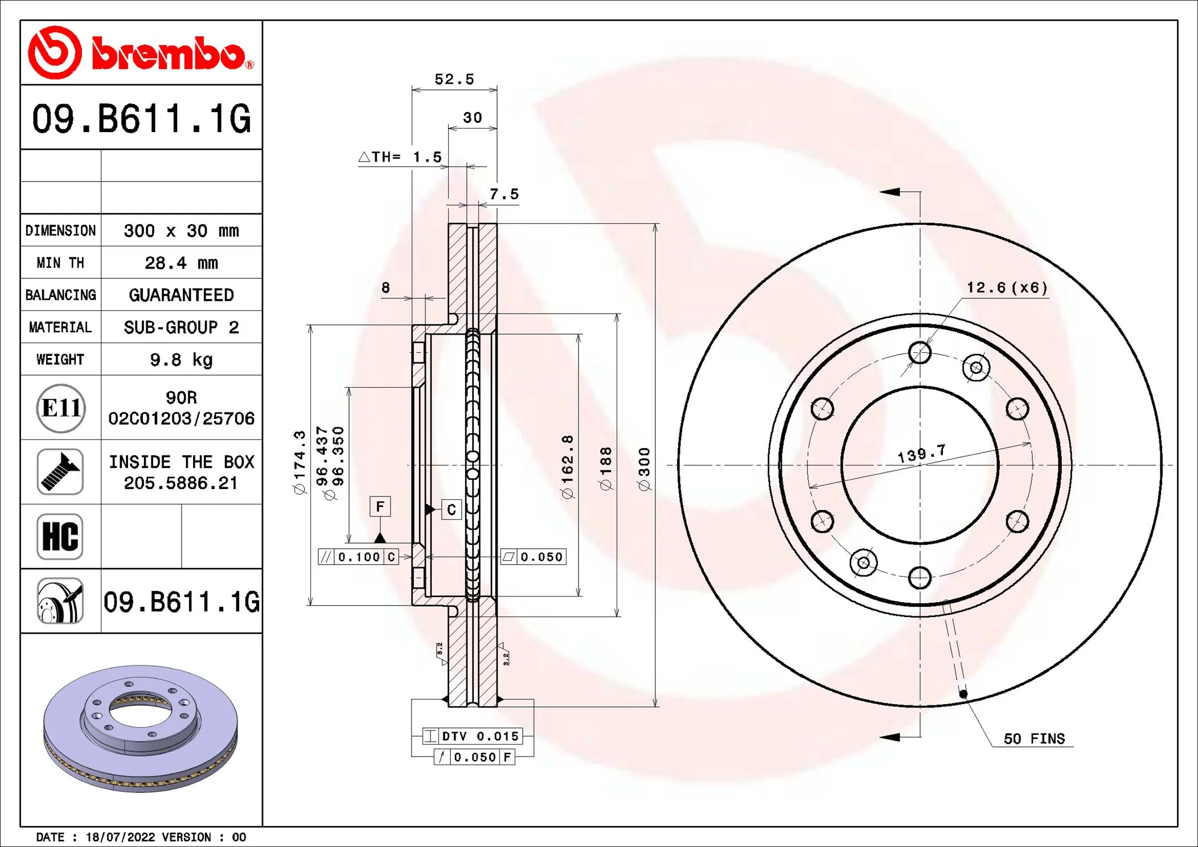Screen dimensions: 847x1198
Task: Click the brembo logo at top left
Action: pyautogui.click(x=141, y=53)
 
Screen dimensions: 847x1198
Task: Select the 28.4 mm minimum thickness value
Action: pyautogui.click(x=181, y=263)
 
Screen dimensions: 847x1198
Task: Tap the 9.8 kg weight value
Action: pyautogui.click(x=181, y=360)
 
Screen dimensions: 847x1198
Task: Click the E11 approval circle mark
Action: pyautogui.click(x=61, y=408)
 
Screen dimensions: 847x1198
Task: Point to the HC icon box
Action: pyautogui.click(x=60, y=537)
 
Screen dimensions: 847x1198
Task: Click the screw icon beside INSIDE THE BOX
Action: pyautogui.click(x=60, y=472)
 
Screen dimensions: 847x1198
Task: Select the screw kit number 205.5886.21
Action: pyautogui.click(x=181, y=483)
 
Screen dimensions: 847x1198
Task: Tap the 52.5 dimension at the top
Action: pyautogui.click(x=454, y=80)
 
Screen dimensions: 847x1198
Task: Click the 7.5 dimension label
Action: pyautogui.click(x=504, y=195)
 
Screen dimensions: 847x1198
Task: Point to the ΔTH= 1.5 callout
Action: pyautogui.click(x=401, y=157)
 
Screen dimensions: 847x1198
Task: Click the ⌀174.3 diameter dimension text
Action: pyautogui.click(x=299, y=462)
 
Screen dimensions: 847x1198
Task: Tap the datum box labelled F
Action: pyautogui.click(x=380, y=506)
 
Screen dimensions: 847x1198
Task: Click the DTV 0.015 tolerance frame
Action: pyautogui.click(x=472, y=736)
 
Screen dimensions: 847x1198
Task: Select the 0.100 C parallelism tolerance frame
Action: pyautogui.click(x=358, y=557)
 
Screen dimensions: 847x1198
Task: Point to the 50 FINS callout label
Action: pyautogui.click(x=1033, y=739)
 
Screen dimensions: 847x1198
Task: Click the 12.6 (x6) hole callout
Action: pyautogui.click(x=1007, y=288)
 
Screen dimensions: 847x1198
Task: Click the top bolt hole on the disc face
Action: pyautogui.click(x=920, y=353)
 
